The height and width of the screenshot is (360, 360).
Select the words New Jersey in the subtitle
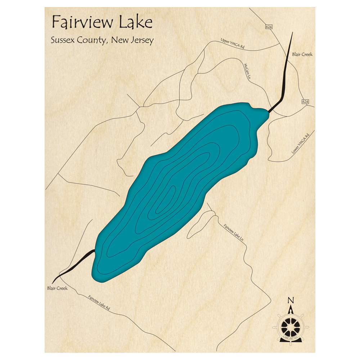pyautogui.click(x=132, y=40)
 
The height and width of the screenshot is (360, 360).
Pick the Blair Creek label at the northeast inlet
pyautogui.click(x=302, y=54)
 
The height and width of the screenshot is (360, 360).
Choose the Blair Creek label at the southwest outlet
pyautogui.click(x=57, y=288)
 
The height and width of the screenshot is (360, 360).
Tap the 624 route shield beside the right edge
pyautogui.click(x=305, y=102)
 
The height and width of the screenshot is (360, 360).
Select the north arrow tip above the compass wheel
pyautogui.click(x=291, y=307)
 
